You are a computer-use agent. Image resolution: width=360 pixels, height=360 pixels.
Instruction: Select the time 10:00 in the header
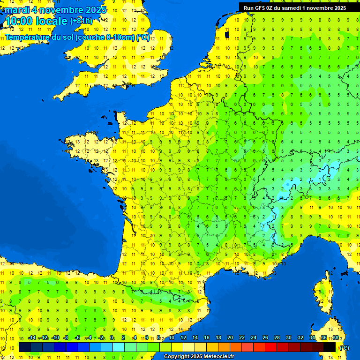[x=20, y=21]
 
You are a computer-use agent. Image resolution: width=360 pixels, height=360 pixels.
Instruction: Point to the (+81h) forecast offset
[x=81, y=21]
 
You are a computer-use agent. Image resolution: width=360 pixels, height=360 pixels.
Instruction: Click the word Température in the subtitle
[x=29, y=37]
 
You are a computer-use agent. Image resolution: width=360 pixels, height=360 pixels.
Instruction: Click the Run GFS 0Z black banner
[x=294, y=7]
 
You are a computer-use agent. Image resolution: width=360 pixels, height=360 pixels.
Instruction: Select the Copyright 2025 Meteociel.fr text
[x=199, y=357]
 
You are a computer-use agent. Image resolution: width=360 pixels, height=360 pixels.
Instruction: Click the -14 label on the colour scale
[x=32, y=337]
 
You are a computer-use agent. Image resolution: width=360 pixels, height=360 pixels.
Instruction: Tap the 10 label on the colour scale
[x=171, y=337]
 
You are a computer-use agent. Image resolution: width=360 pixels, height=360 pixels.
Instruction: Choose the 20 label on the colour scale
[x=230, y=337]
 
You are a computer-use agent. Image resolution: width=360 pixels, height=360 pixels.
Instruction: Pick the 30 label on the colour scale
[x=288, y=337]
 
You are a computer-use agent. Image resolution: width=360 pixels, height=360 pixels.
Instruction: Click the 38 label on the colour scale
[x=335, y=337]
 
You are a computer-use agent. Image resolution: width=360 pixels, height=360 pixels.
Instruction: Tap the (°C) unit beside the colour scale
[x=344, y=347]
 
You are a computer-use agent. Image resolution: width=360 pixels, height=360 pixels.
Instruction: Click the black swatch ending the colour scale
[x=330, y=347]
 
